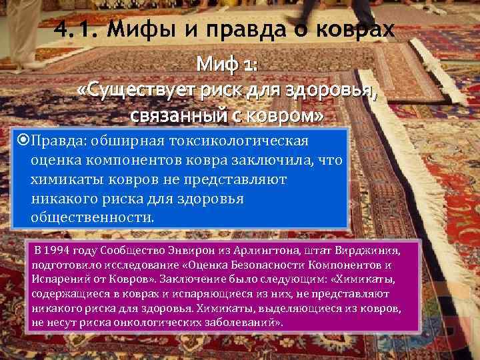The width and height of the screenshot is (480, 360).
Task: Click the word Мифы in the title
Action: pos(137,30)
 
